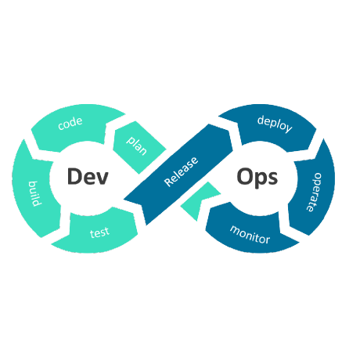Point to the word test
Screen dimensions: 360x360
99,232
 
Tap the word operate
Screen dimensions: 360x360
317,193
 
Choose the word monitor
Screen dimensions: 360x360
250,233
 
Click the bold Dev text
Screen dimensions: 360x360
86,177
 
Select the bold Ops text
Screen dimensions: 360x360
257,178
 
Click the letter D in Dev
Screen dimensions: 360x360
74,177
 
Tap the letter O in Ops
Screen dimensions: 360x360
245,177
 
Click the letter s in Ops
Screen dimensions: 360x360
272,178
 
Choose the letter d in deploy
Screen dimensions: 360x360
261,118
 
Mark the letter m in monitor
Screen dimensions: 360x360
234,229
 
